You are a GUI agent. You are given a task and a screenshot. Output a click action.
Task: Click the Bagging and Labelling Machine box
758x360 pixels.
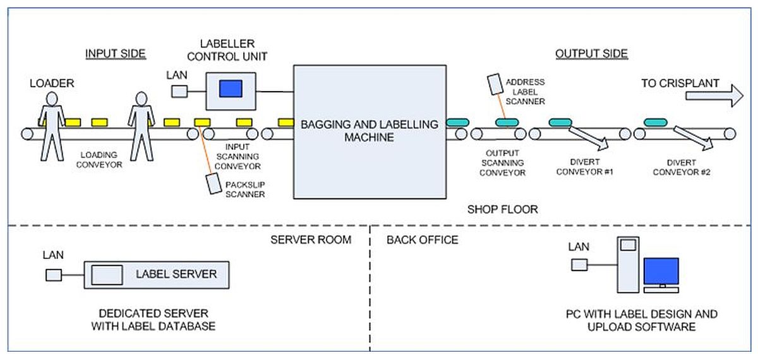[370, 131]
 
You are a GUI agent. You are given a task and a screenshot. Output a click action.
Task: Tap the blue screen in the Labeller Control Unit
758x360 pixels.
[230, 88]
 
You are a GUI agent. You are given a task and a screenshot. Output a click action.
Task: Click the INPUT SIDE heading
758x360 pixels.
[116, 54]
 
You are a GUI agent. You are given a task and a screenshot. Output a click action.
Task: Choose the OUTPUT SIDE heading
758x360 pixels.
[591, 54]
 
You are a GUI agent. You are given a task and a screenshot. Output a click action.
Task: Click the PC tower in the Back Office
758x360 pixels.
[628, 265]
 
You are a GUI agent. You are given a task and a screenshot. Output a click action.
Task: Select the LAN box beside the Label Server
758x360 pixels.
[53, 275]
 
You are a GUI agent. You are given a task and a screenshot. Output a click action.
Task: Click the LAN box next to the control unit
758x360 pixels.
[179, 92]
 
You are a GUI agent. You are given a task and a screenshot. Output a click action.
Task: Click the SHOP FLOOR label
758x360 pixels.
[503, 209]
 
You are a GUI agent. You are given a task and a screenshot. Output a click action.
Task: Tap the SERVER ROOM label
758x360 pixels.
[311, 240]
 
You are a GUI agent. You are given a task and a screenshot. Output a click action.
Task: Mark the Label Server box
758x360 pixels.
[157, 274]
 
